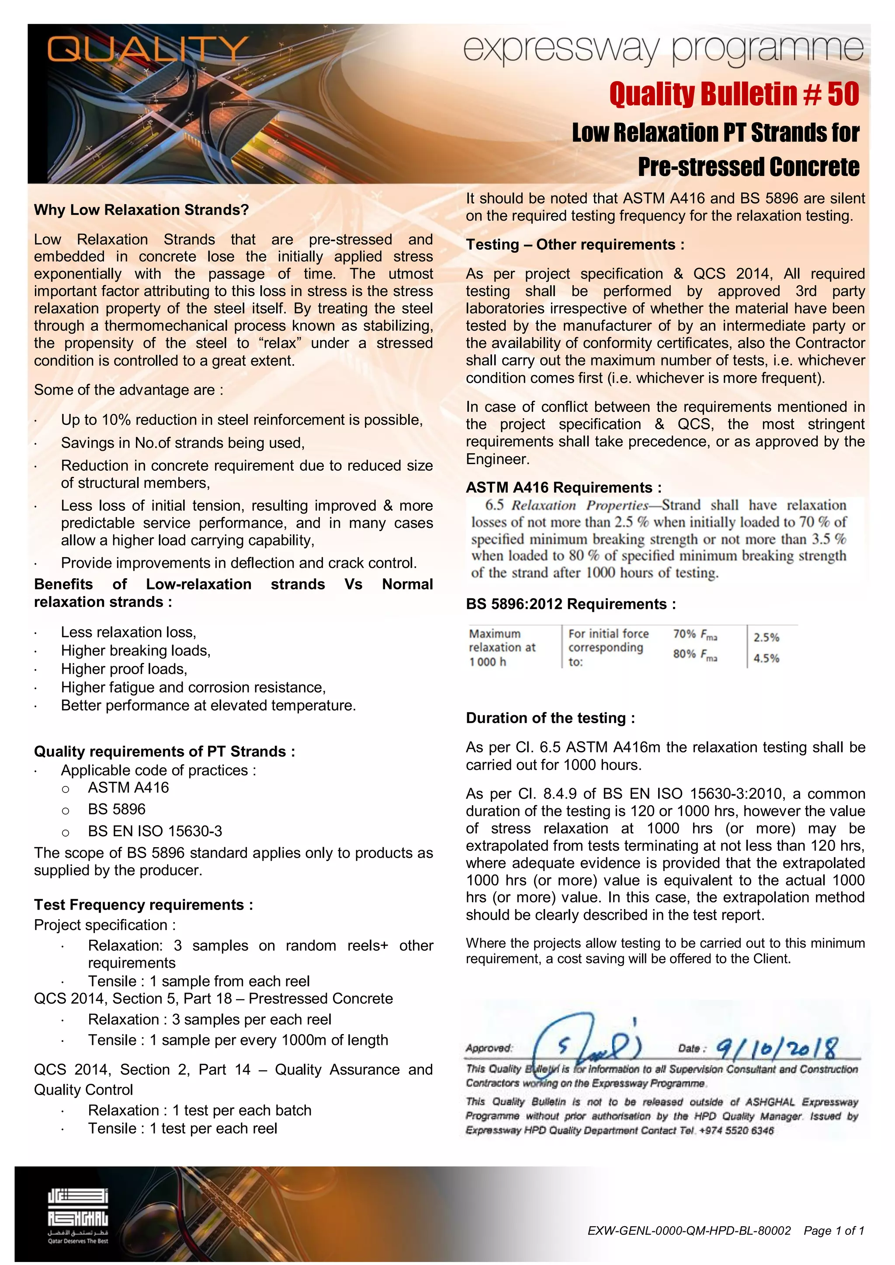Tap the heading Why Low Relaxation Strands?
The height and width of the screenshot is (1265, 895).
tap(141, 210)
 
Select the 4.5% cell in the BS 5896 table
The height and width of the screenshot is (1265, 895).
tap(766, 658)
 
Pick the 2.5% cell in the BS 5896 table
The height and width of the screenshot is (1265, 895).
tap(766, 638)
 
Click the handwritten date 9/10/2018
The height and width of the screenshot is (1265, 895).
tap(777, 1048)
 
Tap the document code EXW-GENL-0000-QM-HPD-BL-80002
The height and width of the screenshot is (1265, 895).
tap(689, 1231)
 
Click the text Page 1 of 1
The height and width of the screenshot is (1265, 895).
tap(833, 1231)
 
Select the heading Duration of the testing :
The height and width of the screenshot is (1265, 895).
tap(550, 718)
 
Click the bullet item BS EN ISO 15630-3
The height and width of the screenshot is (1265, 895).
tap(155, 831)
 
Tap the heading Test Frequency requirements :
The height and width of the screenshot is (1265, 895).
tap(143, 905)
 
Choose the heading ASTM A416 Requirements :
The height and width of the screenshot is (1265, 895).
tap(563, 488)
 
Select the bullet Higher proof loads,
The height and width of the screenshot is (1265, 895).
tap(124, 669)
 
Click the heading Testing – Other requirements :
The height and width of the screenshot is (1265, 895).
tap(575, 245)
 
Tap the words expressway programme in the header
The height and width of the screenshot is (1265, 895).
tap(663, 50)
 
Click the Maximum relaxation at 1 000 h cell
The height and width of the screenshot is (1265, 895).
tap(502, 648)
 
